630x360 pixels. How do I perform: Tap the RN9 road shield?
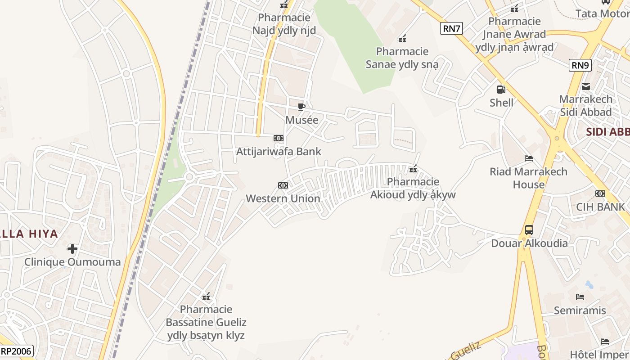580,65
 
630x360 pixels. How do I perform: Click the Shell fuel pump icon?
501,90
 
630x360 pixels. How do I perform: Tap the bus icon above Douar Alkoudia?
529,230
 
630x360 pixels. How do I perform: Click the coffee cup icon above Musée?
301,107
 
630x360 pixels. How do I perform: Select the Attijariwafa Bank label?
279,151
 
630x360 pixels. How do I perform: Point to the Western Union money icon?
283,185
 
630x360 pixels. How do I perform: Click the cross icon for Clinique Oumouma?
72,248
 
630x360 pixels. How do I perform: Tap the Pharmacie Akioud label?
413,188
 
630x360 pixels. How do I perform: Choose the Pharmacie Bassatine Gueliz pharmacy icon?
206,297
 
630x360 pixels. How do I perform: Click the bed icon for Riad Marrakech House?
529,158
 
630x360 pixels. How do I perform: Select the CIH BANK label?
600,207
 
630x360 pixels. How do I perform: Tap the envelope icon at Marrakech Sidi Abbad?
585,86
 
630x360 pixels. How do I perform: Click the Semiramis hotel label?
580,310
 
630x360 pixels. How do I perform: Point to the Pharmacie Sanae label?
402,58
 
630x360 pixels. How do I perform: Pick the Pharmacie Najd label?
284,24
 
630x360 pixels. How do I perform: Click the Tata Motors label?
602,13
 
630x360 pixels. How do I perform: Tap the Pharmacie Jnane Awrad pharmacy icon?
514,9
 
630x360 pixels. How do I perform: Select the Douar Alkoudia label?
529,243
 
